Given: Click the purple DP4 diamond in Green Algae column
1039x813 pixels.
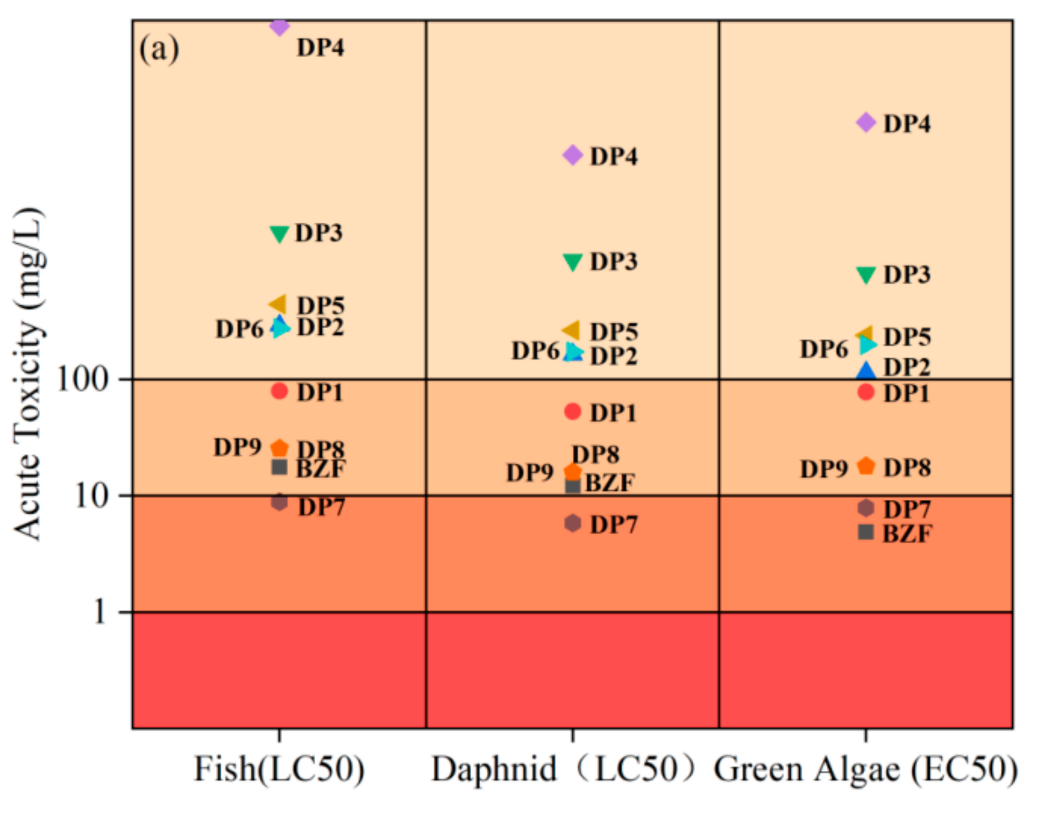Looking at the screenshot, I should click(866, 122).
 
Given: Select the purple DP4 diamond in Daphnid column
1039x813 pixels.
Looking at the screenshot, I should click(573, 155).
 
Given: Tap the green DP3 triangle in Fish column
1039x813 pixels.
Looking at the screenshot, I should click(279, 234).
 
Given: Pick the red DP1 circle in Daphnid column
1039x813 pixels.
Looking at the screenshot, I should click(573, 411).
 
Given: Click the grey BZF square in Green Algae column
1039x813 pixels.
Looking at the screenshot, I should click(866, 532).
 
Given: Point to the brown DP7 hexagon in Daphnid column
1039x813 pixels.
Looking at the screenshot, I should click(573, 523).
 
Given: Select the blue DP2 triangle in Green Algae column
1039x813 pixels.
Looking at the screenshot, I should click(866, 370).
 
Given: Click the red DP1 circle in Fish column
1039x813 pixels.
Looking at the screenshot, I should click(279, 391).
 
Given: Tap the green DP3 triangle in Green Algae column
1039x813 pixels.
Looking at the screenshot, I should click(866, 274).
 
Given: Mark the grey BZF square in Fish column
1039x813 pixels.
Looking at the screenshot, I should click(279, 467).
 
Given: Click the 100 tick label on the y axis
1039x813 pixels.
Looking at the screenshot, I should click(82, 380).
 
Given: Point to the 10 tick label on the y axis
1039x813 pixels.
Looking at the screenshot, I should click(91, 495).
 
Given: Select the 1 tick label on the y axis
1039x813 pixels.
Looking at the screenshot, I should click(100, 612).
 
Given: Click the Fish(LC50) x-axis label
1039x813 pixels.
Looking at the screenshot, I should click(279, 770).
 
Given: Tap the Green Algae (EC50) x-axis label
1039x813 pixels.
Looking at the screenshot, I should click(866, 770).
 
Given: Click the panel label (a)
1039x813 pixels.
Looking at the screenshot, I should click(159, 49).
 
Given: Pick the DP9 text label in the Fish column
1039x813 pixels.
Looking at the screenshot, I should click(237, 447).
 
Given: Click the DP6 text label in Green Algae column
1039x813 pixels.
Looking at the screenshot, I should click(824, 349).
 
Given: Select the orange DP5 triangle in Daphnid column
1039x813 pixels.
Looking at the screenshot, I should click(572, 330).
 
